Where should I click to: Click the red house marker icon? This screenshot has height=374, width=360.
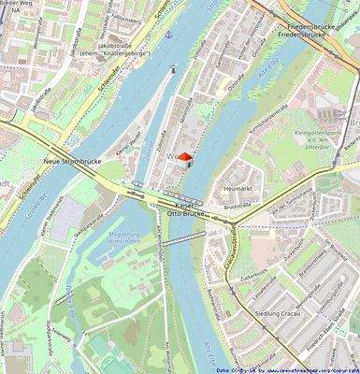pyautogui.click(x=184, y=158)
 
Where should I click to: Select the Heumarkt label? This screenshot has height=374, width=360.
pyautogui.click(x=240, y=189)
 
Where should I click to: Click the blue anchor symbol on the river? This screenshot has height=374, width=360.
pyautogui.click(x=169, y=35)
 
